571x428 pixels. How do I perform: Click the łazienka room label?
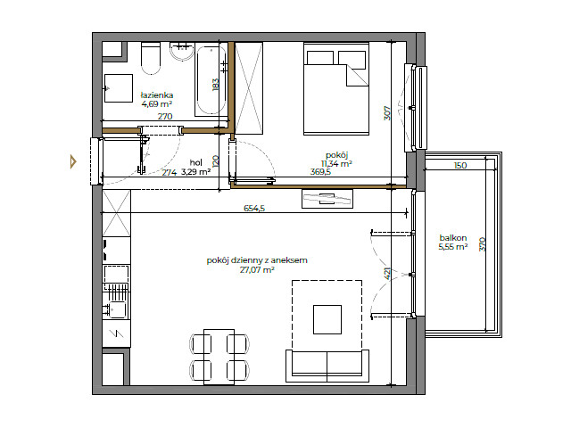click(156, 95)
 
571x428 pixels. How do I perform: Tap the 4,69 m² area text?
click(156, 104)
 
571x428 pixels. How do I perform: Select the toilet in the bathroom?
click(150, 57)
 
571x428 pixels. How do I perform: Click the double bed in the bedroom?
click(336, 86)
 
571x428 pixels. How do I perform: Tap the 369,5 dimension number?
click(320, 172)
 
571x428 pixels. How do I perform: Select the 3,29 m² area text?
click(195, 172)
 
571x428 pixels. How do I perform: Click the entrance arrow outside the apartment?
click(74, 161)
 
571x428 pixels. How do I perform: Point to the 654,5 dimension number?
click(255, 210)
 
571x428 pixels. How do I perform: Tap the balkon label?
click(452, 237)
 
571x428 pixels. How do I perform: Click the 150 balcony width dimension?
click(459, 166)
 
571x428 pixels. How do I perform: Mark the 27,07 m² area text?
click(256, 269)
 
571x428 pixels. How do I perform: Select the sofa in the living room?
click(327, 363)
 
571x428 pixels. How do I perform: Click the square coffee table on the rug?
click(327, 319)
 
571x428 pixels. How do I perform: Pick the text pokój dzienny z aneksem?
click(256, 259)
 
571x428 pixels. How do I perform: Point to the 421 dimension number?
click(385, 274)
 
